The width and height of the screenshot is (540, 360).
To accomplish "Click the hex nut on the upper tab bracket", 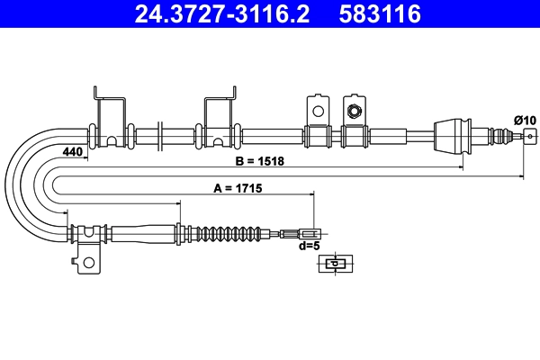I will coord(355,112).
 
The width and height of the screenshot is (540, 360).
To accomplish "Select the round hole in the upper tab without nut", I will coord(317,111).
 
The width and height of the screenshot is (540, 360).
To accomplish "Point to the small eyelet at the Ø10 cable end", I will coord(529,136).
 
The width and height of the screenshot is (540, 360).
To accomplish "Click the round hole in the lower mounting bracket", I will coord(87,263).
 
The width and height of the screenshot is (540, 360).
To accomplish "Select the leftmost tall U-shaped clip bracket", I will coord(112,117).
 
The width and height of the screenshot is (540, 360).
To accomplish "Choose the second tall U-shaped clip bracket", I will coord(220,117).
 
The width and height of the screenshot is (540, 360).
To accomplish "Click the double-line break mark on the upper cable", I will coord(158,136).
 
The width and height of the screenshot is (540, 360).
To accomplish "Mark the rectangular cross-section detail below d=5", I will coord(336,263).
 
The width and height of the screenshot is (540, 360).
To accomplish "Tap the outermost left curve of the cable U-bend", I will coord(11,184).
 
